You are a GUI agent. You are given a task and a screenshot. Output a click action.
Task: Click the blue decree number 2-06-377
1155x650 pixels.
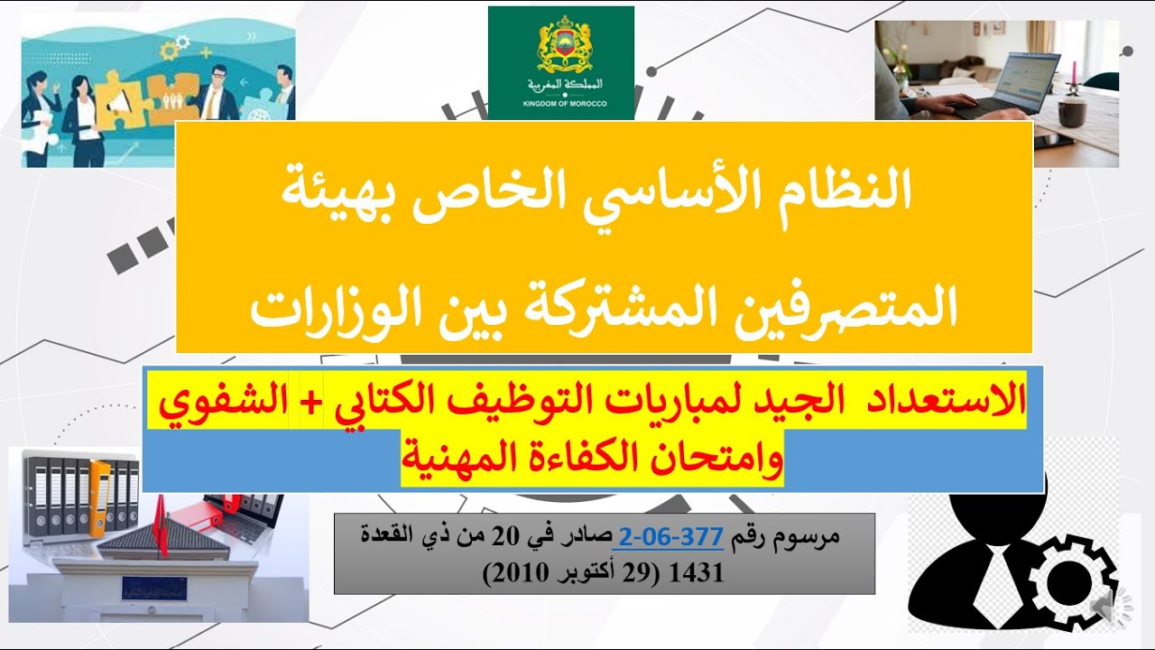point(668,539)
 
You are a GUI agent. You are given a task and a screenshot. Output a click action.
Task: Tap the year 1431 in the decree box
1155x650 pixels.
point(705,573)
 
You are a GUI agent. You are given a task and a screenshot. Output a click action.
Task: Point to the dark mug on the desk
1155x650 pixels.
point(1070,110)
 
